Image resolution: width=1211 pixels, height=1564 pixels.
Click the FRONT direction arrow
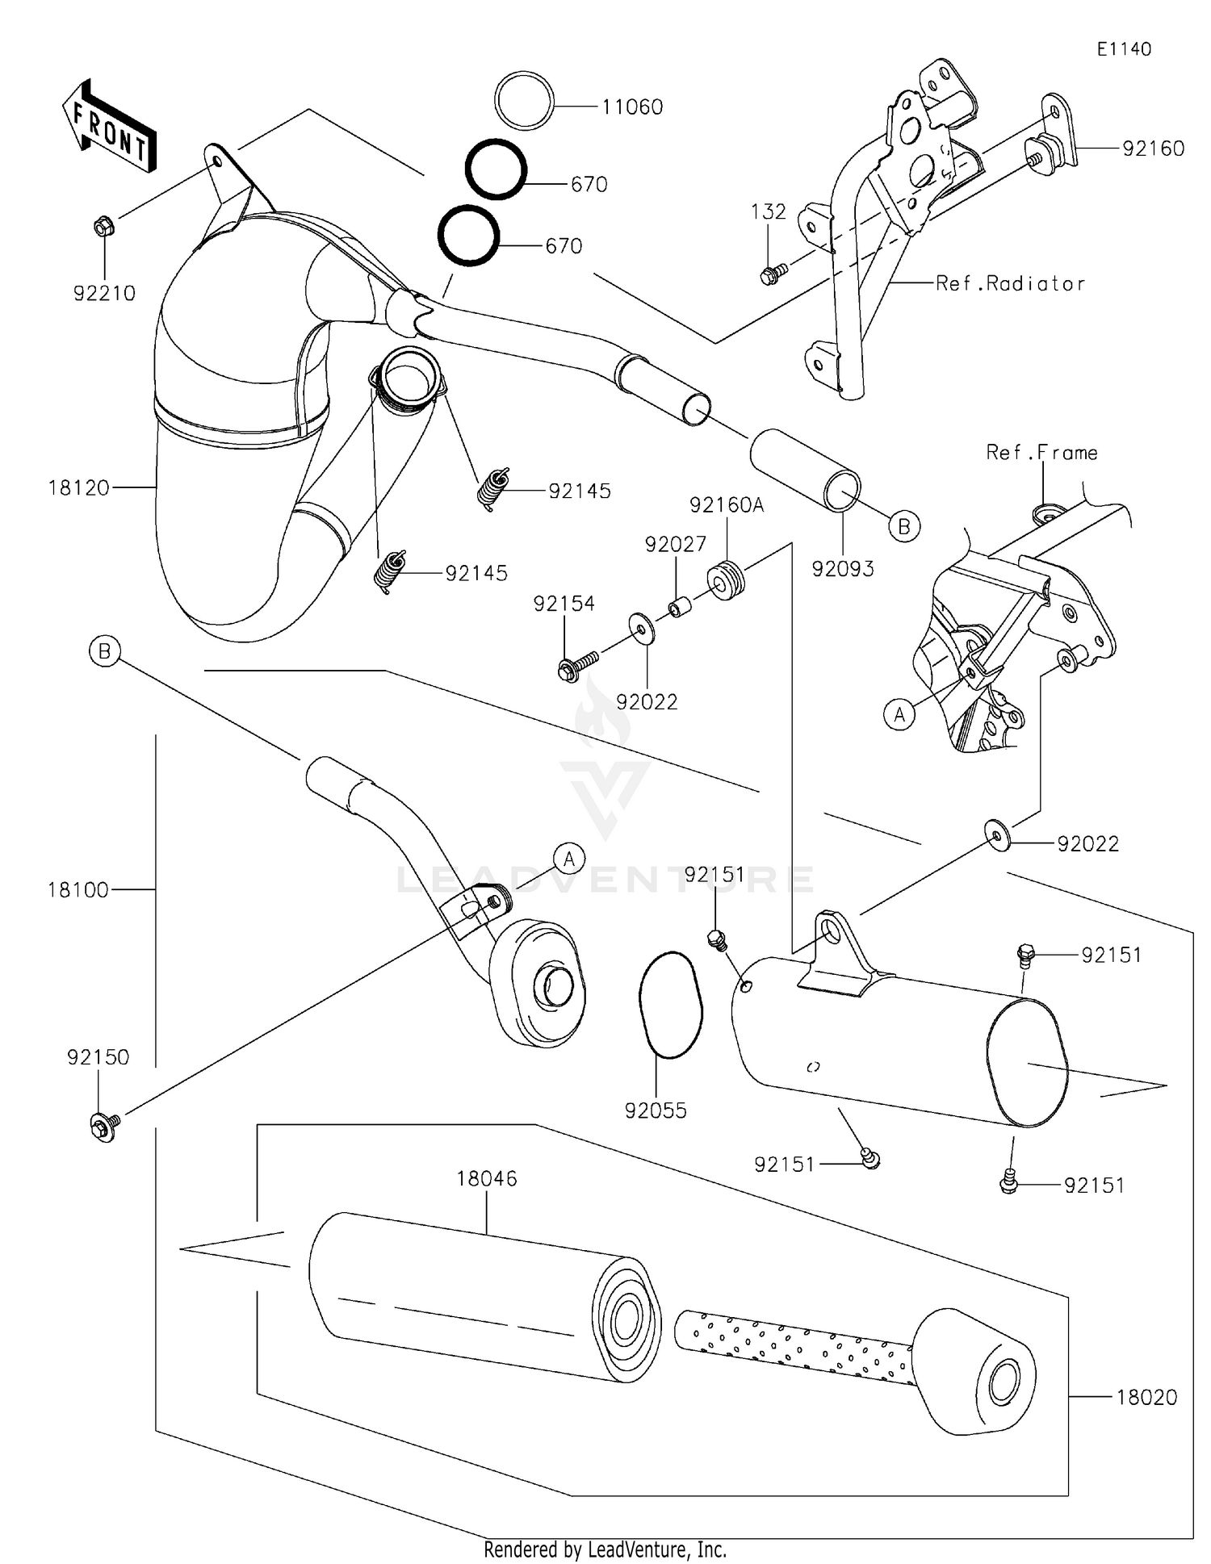point(109,127)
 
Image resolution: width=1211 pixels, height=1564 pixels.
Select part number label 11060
point(632,107)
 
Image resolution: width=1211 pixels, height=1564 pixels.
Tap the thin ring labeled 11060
point(524,101)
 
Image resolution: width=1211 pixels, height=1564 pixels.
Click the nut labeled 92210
point(103,228)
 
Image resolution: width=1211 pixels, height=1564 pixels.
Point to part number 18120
point(78,487)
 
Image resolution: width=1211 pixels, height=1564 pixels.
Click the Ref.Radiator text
point(1010,284)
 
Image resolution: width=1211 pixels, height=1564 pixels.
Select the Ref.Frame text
point(1041,453)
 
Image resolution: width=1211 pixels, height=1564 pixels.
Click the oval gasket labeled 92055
point(671,1005)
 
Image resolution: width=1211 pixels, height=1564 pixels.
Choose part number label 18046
point(486,1178)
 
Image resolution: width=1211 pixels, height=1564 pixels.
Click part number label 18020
point(1146,1397)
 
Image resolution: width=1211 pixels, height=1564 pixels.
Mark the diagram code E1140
point(1123,49)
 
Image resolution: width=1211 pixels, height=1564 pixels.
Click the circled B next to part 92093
point(904,527)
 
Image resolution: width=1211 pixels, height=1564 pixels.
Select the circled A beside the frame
point(899,714)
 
